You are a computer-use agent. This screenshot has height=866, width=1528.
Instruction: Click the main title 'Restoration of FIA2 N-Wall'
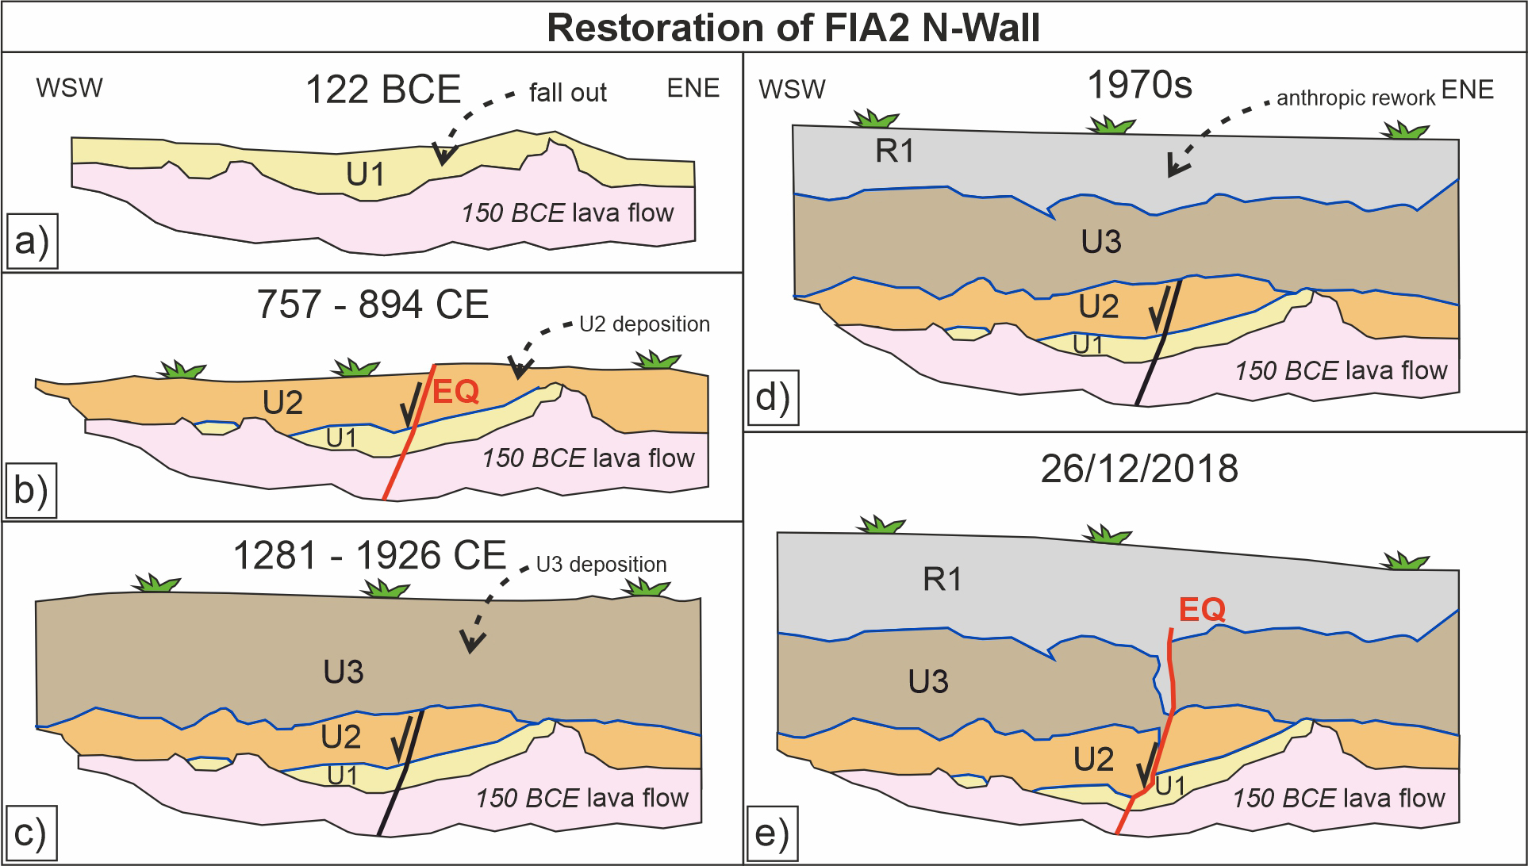click(x=793, y=28)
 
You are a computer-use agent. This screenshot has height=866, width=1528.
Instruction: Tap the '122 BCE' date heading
click(x=382, y=90)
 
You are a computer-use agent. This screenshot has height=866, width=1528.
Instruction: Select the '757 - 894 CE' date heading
click(x=372, y=305)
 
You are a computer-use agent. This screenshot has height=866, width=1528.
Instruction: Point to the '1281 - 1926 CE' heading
click(x=369, y=555)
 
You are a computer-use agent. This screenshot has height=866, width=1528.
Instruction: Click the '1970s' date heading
click(x=1139, y=84)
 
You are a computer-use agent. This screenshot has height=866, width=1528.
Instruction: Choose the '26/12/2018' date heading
click(x=1139, y=469)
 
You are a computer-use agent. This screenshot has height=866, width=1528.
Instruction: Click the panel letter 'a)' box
click(x=32, y=240)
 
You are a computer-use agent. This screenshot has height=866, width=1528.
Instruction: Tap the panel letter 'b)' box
click(x=32, y=491)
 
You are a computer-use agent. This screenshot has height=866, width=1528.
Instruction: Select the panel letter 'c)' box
click(x=31, y=833)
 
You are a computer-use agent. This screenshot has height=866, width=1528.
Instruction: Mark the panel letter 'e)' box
click(x=772, y=834)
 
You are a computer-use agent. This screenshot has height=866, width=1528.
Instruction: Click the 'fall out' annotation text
click(x=567, y=93)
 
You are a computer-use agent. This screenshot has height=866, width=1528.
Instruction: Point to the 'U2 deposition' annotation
click(x=644, y=324)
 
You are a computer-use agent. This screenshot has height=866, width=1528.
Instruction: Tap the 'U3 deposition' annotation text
click(x=601, y=565)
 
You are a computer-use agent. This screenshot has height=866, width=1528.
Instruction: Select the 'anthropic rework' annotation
click(x=1355, y=98)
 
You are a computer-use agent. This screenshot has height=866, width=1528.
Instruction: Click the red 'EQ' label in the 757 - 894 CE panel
click(x=456, y=392)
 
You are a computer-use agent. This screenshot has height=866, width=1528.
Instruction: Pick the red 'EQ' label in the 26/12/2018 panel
click(x=1202, y=609)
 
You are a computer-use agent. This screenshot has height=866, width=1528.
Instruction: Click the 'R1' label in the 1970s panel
click(x=895, y=151)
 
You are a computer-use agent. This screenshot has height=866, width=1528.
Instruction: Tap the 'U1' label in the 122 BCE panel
click(x=365, y=174)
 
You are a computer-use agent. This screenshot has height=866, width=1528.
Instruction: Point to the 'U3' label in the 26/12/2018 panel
click(x=928, y=681)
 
